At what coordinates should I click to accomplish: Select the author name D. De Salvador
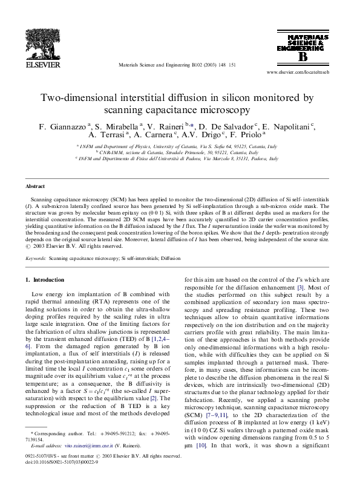click(227, 127)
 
